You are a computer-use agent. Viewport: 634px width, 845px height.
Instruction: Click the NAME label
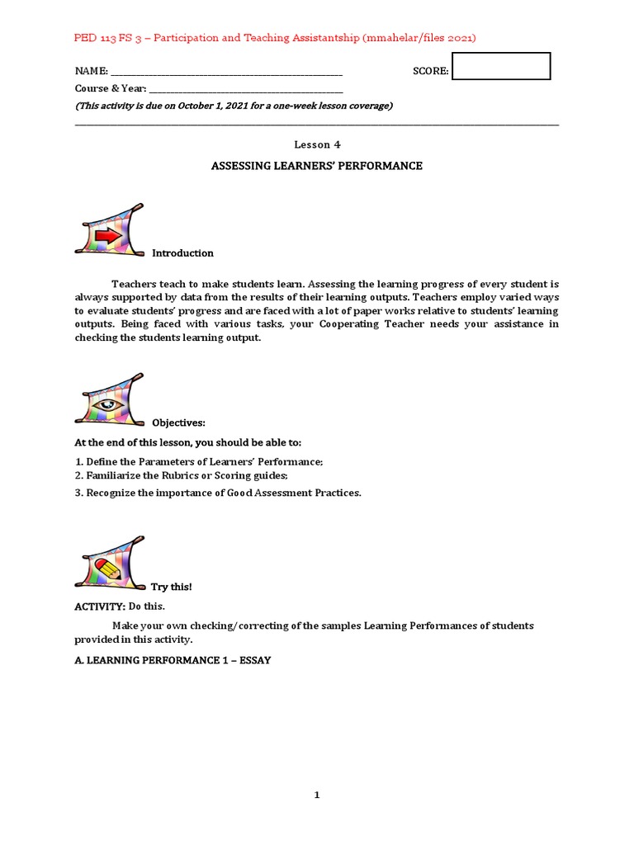click(x=92, y=72)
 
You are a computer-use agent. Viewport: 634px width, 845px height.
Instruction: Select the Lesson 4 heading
click(x=317, y=144)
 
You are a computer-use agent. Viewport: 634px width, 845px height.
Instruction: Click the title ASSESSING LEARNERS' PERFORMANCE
click(x=317, y=166)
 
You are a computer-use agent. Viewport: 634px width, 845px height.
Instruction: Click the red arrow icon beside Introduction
click(x=108, y=235)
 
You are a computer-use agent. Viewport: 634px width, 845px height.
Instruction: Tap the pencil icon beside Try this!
click(x=108, y=569)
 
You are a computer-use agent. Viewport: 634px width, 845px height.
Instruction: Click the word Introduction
click(x=182, y=253)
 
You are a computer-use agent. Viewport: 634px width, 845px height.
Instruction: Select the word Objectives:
click(x=178, y=423)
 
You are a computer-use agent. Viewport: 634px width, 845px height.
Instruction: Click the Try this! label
click(x=171, y=587)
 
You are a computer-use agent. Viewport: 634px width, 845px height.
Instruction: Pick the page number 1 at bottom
click(x=317, y=795)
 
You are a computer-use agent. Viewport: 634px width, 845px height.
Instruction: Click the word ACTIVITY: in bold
click(x=100, y=607)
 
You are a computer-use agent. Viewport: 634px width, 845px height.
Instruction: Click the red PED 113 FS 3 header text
click(x=275, y=38)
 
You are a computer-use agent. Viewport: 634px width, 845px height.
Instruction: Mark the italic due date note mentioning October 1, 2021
click(x=234, y=106)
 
